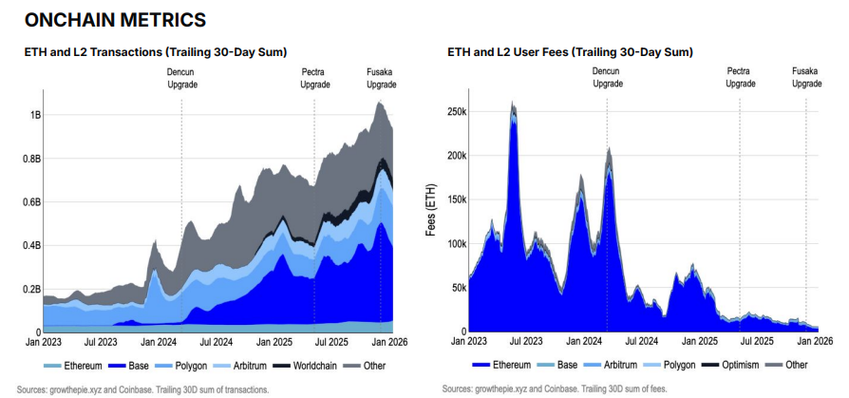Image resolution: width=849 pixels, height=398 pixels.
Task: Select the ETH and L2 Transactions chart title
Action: pos(156,51)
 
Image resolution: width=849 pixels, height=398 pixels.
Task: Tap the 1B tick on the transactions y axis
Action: pos(35,115)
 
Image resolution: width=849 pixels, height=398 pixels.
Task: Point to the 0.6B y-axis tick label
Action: pos(30,202)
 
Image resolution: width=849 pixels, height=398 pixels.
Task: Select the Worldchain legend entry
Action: pos(309,366)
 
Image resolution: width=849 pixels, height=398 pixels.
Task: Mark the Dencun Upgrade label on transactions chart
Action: pos(181,78)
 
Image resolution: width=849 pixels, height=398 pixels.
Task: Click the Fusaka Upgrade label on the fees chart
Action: pos(806,77)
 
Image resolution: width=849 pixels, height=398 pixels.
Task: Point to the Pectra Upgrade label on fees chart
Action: pos(741,77)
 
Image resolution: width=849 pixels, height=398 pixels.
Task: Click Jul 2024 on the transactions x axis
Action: pos(216,341)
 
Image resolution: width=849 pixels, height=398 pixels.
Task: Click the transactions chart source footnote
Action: pos(142,389)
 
